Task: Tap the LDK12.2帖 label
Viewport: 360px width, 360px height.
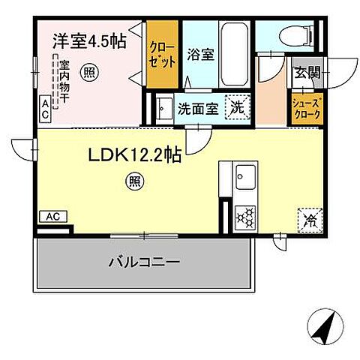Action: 133,155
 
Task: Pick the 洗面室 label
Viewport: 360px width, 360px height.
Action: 195,108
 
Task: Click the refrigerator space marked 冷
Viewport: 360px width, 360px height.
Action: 309,219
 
